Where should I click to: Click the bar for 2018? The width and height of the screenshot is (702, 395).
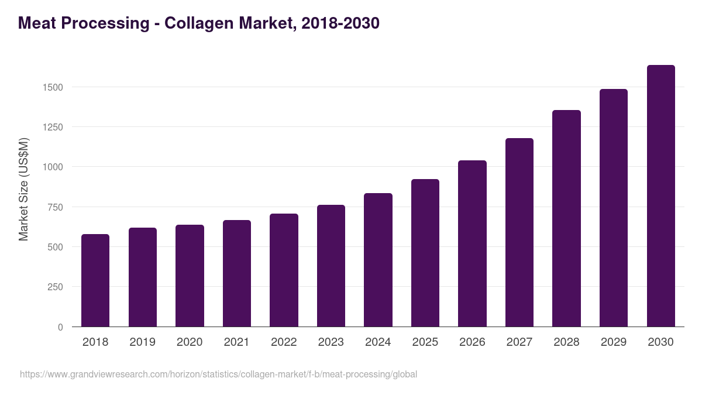tap(95, 280)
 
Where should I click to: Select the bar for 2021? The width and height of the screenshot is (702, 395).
tap(237, 273)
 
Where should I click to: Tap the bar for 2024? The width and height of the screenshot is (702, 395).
tap(378, 260)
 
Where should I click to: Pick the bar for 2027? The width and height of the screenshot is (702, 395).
tap(519, 232)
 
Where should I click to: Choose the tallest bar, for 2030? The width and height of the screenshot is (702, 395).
tap(660, 196)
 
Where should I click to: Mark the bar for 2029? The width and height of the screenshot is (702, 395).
tap(614, 208)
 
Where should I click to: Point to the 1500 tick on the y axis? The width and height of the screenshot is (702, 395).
tap(52, 87)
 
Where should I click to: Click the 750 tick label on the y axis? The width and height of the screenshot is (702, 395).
tap(55, 207)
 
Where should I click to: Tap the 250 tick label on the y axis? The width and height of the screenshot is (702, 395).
tap(55, 287)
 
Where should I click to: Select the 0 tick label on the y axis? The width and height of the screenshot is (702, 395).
tap(60, 327)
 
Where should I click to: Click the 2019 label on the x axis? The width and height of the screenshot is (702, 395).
tap(142, 342)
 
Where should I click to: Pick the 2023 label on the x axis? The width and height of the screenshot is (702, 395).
tap(331, 342)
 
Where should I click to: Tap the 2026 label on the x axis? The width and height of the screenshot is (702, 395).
tap(472, 342)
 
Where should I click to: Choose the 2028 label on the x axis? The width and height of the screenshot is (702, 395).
tap(566, 342)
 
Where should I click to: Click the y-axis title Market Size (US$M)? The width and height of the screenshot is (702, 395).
tap(23, 188)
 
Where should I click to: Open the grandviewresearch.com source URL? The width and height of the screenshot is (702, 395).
tap(218, 374)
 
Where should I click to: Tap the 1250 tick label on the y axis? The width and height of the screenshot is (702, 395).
tap(52, 127)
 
